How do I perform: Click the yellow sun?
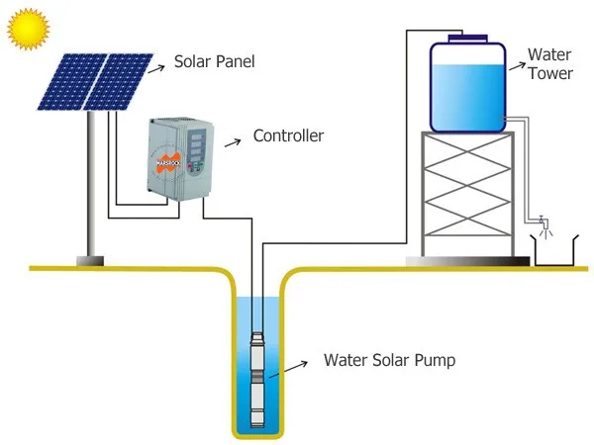pyautogui.click(x=28, y=29)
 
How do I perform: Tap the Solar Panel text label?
pyautogui.click(x=215, y=61)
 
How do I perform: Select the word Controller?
pyautogui.click(x=288, y=135)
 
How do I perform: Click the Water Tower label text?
pyautogui.click(x=550, y=64)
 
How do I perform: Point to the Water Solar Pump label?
pyautogui.click(x=389, y=360)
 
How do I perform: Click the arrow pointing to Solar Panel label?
pyautogui.click(x=156, y=69)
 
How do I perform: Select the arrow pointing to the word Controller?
pyautogui.click(x=233, y=142)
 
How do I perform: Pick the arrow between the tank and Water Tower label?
pyautogui.click(x=518, y=66)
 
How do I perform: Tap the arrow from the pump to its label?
pyautogui.click(x=288, y=369)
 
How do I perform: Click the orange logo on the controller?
pyautogui.click(x=168, y=163)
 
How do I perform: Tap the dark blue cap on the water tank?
pyautogui.click(x=467, y=39)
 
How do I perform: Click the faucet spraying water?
pyautogui.click(x=544, y=226)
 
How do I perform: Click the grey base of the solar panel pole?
pyautogui.click(x=90, y=261)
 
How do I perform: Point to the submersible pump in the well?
pyautogui.click(x=257, y=380)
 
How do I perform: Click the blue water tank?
pyautogui.click(x=468, y=87)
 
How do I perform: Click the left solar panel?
pyautogui.click(x=72, y=82)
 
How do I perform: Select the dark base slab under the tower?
pyautogui.click(x=467, y=261)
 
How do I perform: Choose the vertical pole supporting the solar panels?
pyautogui.click(x=91, y=184)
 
